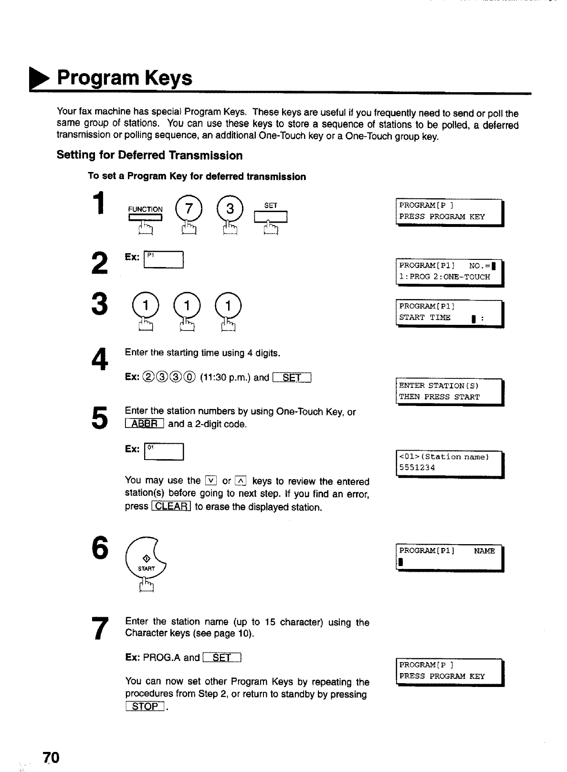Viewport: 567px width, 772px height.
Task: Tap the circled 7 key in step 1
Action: point(186,209)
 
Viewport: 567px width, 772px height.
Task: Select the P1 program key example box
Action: point(163,259)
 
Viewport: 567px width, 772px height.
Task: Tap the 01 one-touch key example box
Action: point(163,451)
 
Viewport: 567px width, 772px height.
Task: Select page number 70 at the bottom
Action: point(51,758)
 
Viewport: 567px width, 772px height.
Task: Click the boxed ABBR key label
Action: point(144,424)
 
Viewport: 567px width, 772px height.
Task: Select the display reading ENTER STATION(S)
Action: point(450,391)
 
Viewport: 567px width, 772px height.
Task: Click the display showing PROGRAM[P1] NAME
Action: point(450,557)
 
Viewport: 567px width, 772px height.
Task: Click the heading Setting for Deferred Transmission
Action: point(149,155)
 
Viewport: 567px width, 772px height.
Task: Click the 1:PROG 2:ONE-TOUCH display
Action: point(450,271)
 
